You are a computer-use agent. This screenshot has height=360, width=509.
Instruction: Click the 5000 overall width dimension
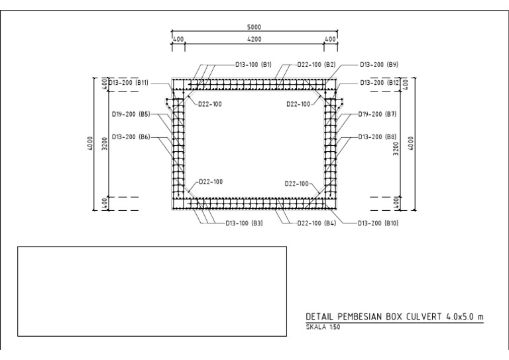pos(254,28)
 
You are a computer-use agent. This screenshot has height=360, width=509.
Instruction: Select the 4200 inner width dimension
pos(254,40)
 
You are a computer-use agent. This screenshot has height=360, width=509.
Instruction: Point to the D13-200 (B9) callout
pos(378,65)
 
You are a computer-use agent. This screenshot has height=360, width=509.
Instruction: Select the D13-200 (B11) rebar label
pos(129,83)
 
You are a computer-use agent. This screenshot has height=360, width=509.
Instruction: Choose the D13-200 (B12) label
pos(379,83)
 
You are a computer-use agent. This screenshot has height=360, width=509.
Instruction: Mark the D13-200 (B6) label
pos(131,137)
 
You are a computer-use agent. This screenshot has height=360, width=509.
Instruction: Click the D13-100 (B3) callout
pos(245,223)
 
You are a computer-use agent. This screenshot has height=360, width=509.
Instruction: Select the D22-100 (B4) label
pos(317,223)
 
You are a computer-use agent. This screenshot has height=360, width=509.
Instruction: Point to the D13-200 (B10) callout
pos(378,223)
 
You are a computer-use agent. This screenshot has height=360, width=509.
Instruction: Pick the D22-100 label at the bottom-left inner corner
pos(210,182)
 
